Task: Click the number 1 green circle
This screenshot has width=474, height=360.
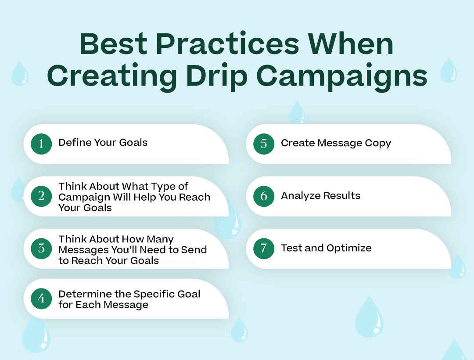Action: (41, 144)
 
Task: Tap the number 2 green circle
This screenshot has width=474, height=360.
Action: (41, 196)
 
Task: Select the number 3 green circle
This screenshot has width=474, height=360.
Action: (41, 248)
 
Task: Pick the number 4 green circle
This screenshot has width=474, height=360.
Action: (41, 299)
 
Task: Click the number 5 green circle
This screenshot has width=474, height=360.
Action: (264, 144)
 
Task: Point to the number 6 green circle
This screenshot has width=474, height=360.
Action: (264, 196)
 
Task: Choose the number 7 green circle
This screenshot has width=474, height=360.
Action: (264, 248)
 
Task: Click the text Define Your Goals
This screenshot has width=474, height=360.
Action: (103, 143)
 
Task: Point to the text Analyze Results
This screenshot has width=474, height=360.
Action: (320, 196)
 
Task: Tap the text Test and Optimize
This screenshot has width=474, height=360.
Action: (326, 248)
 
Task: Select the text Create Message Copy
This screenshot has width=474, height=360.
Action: (336, 143)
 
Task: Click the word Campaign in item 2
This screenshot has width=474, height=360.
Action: (83, 197)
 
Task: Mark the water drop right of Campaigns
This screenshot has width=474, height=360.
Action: (448, 70)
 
